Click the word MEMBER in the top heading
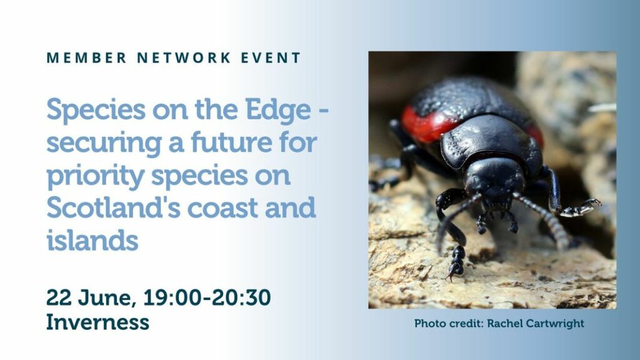click(x=86, y=58)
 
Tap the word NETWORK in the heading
click(x=184, y=58)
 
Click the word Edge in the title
click(x=278, y=110)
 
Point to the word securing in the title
click(x=104, y=144)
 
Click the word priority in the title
click(x=96, y=176)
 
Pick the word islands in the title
click(x=92, y=239)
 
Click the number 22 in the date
click(x=59, y=297)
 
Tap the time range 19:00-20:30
click(x=207, y=297)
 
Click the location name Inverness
click(x=97, y=322)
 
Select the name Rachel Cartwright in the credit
click(x=536, y=323)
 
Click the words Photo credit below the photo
click(x=449, y=323)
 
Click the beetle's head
click(x=494, y=179)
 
